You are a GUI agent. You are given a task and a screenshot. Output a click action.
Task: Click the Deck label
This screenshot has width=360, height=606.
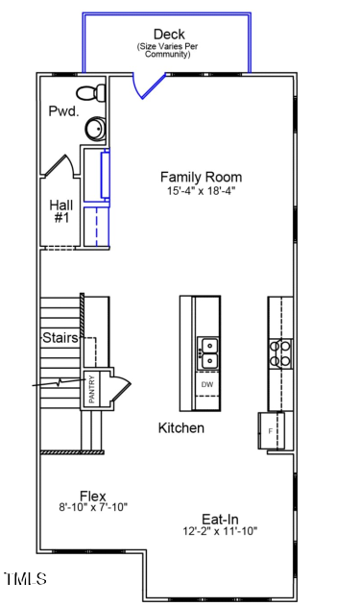tap(169, 35)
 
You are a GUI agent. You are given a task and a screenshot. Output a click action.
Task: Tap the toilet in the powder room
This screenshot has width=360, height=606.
tap(90, 93)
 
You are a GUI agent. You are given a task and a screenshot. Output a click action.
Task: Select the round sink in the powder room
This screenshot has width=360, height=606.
tap(94, 129)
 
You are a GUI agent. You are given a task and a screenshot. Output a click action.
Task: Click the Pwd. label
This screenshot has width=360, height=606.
tap(62, 111)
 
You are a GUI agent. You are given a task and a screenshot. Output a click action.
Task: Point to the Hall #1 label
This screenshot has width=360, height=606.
tap(60, 211)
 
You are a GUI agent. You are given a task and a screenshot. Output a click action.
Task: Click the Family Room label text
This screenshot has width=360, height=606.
tap(201, 177)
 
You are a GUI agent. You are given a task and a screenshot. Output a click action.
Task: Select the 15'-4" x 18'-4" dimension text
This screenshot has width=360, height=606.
tap(201, 191)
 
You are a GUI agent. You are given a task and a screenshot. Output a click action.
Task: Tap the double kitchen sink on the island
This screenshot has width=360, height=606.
tap(207, 352)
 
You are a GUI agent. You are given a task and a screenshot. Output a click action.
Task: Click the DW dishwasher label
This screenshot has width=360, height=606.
tap(207, 384)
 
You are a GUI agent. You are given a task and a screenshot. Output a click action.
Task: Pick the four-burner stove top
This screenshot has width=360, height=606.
tap(280, 353)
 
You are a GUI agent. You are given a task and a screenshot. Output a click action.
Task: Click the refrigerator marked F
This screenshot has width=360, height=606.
tap(271, 429)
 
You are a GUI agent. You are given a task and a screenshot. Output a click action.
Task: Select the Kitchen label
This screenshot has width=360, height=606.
tap(180, 427)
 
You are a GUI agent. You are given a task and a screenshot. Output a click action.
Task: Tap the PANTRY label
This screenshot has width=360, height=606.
tap(92, 389)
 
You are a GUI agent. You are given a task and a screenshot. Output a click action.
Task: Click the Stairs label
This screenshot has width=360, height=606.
tap(60, 338)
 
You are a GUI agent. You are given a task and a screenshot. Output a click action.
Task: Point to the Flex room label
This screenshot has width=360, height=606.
tap(93, 496)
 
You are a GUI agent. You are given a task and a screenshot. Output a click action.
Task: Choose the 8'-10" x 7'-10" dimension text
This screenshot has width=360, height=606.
tap(93, 508)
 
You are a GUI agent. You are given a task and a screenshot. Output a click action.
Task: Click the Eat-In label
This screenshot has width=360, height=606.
tap(221, 517)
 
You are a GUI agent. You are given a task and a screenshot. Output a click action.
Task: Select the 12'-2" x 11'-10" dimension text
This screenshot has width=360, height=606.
tap(221, 530)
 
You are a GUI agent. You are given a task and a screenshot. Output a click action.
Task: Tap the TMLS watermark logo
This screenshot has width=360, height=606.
tap(25, 578)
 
